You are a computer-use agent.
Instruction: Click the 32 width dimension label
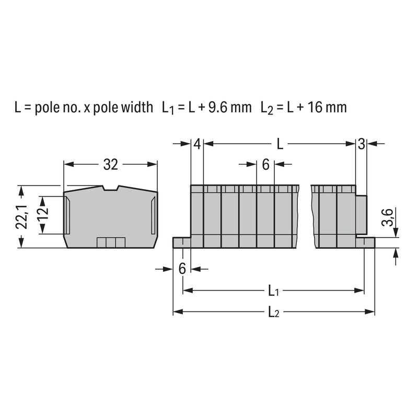pos(111,165)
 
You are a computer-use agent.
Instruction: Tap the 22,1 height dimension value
pos(22,216)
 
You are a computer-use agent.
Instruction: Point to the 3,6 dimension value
pos(388,217)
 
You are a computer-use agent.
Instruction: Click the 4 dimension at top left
pos(197,144)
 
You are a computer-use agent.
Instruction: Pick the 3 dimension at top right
pos(362,144)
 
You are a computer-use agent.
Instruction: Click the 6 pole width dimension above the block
pos(265,165)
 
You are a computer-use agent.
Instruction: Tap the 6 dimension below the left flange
pos(182,269)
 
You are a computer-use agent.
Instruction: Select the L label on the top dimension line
pos(280,144)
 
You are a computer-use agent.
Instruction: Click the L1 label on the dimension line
pos(273,291)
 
